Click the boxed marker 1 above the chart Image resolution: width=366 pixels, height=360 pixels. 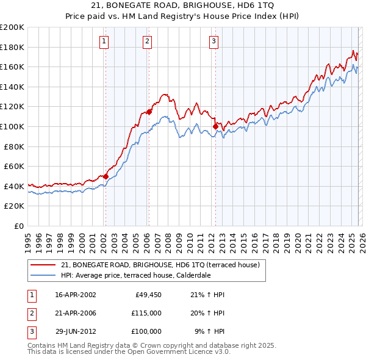(x=104, y=41)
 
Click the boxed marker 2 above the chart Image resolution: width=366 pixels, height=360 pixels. (x=148, y=41)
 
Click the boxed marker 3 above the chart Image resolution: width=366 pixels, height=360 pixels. (x=214, y=41)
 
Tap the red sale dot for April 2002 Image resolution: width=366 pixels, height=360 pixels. (x=106, y=176)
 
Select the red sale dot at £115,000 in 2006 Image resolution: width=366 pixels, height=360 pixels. (x=149, y=112)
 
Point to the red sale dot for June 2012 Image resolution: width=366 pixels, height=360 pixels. (x=215, y=126)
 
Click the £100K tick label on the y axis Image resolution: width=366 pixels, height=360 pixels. (x=12, y=126)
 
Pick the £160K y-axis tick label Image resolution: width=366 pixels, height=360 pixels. (x=12, y=67)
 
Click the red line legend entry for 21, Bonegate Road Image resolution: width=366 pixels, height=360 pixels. (x=160, y=265)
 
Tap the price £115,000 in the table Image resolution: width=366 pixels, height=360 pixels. (x=146, y=313)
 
